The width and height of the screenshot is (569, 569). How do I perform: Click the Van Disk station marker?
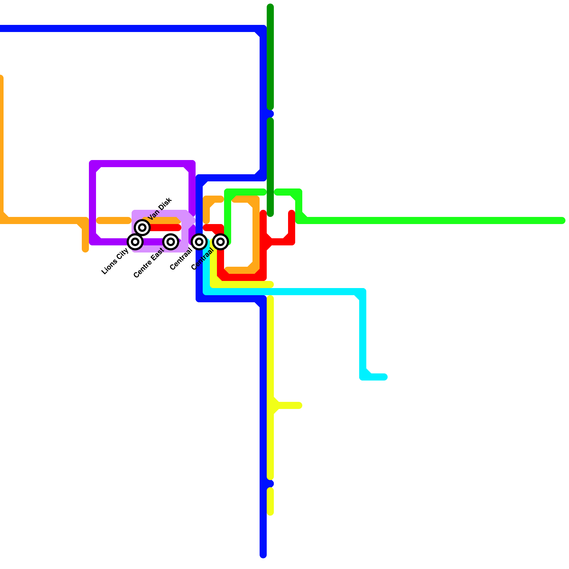142,227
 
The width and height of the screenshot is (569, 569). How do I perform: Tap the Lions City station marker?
135,242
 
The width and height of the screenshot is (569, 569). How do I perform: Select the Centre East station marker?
171,242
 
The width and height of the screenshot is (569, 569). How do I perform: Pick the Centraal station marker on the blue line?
199,242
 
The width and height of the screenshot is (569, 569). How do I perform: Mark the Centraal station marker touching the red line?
220,242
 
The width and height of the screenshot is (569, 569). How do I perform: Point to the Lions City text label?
115,261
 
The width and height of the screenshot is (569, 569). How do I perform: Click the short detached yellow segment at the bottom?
270,501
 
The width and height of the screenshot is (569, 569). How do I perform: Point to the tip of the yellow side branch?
299,405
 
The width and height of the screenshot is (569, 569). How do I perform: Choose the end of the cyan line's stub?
384,377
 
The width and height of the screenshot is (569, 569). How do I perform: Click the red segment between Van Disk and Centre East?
164,228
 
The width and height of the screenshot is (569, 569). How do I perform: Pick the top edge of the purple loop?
142,164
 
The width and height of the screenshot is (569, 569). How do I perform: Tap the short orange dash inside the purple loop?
114,220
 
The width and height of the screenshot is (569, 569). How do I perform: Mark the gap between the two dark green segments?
270,114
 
